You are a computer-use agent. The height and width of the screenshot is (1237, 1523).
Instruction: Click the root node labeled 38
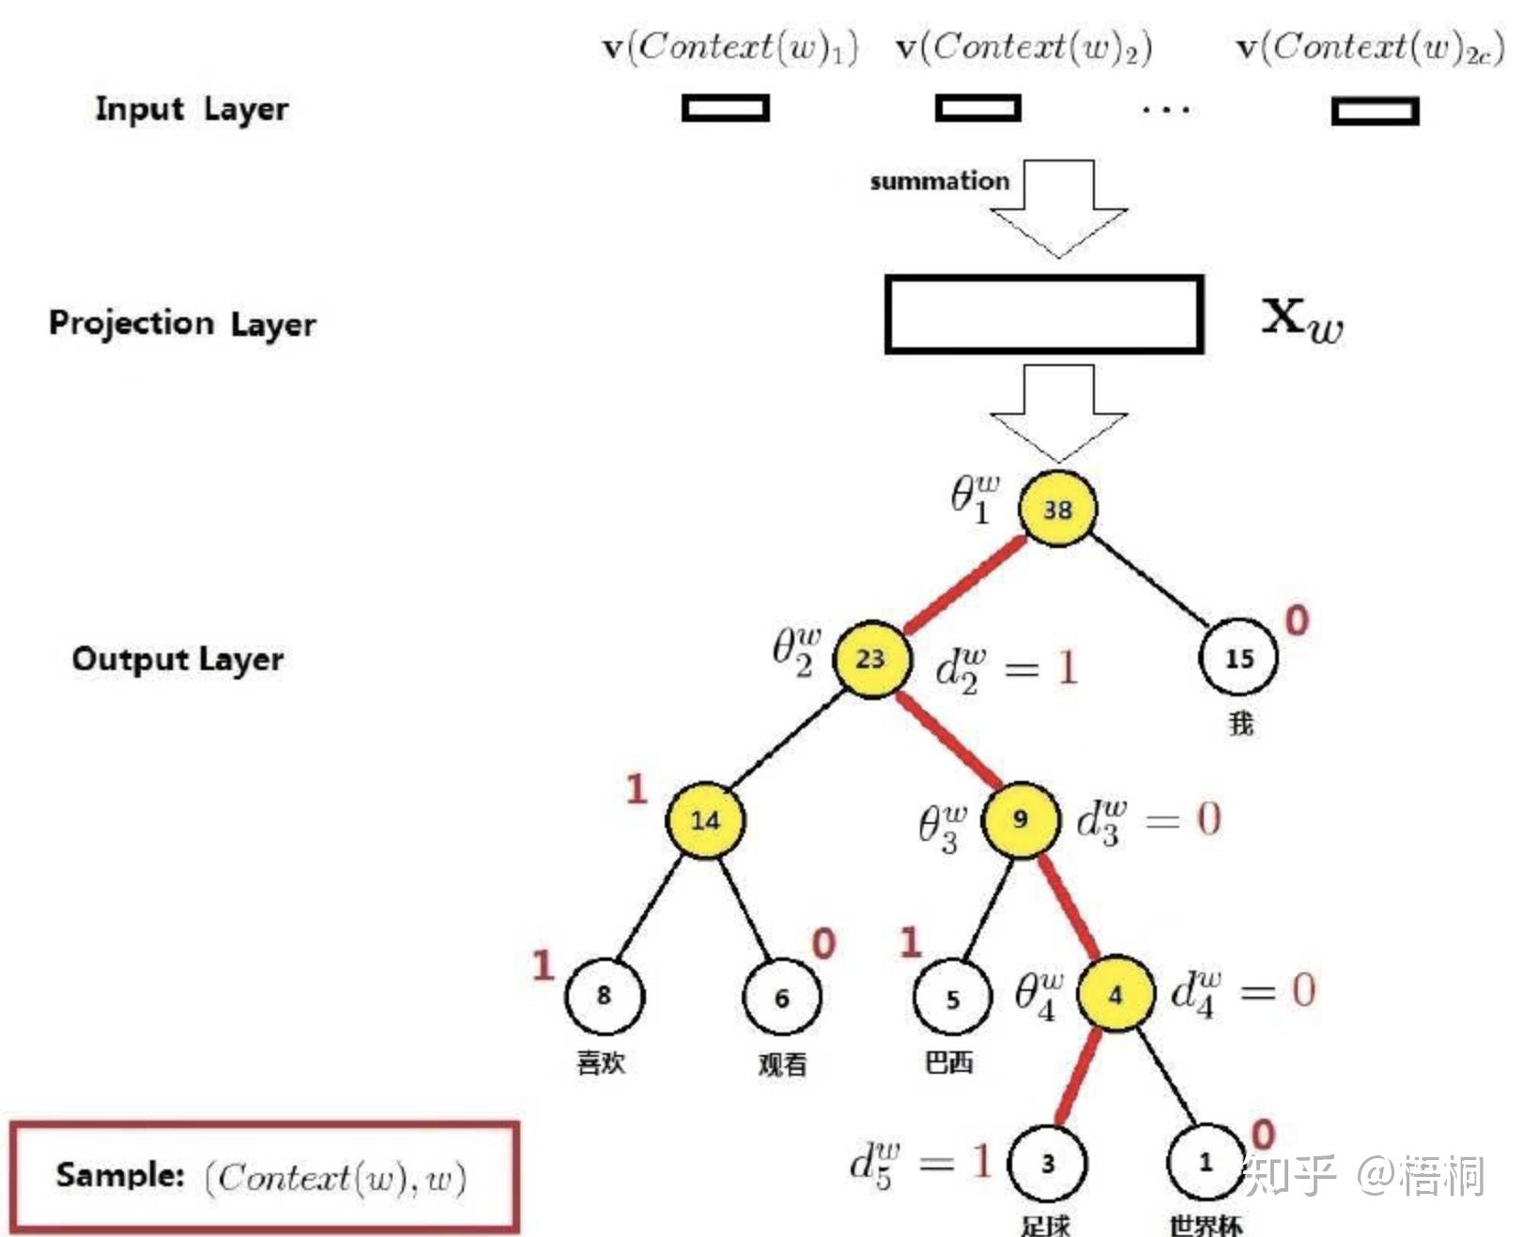point(1057,508)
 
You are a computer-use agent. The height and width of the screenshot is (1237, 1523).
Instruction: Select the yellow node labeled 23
point(871,658)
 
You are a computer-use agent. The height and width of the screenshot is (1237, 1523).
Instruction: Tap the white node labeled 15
point(1238,658)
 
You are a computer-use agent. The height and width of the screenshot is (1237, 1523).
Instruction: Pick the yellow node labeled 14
point(706,819)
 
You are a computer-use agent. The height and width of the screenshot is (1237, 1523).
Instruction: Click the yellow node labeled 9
point(1021,819)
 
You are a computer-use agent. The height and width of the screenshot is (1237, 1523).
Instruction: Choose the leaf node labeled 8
point(604,996)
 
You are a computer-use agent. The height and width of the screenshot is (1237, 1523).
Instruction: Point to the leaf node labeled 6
point(782,996)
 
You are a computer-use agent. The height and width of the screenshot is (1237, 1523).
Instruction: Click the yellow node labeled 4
point(1115,994)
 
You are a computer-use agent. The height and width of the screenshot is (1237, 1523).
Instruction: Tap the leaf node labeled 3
point(1047,1164)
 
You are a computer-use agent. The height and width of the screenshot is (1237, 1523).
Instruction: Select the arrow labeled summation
point(1058,208)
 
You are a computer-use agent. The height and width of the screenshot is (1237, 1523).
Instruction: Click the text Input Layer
point(192,109)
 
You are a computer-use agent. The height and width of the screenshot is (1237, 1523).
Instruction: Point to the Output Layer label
point(178,659)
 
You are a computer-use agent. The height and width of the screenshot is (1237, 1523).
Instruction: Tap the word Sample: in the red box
point(120,1175)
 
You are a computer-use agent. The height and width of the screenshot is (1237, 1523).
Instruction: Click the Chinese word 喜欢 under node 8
point(601,1062)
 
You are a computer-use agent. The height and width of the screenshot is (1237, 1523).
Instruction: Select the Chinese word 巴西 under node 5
point(949,1062)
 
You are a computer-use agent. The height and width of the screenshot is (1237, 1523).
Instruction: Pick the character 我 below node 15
point(1240,724)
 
